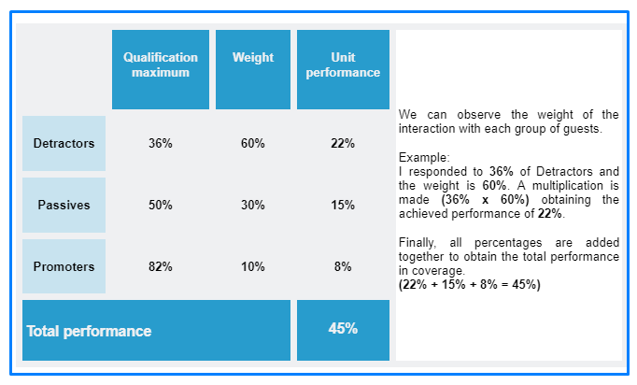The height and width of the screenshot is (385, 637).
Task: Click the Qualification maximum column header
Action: pos(161,69)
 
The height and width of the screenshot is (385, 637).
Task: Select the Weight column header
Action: pos(253,69)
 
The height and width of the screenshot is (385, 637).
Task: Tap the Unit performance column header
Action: pos(343,69)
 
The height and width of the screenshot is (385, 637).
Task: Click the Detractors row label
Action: pos(64,143)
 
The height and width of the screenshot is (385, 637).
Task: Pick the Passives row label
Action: pos(64,205)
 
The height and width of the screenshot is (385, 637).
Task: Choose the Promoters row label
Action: pos(64,266)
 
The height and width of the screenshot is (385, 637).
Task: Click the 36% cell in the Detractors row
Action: pos(161,143)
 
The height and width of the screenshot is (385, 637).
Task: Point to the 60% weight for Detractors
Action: pos(253,143)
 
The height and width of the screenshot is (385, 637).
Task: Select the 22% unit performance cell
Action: pos(343,143)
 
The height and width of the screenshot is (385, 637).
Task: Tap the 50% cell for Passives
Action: pos(161,205)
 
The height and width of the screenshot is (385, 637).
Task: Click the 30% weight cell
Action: pos(253,205)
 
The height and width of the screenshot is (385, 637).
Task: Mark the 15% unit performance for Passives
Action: pos(343,205)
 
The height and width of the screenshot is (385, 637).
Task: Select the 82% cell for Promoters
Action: pos(161,266)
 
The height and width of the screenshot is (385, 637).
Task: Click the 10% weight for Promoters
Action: pos(253,266)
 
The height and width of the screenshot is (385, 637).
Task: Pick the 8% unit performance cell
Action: pos(343,266)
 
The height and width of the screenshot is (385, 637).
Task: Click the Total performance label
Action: pos(89,332)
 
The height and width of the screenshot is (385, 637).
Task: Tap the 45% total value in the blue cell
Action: pos(343,329)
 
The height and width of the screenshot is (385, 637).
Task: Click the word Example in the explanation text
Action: pos(423,157)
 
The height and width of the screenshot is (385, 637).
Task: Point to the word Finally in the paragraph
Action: pos(418,243)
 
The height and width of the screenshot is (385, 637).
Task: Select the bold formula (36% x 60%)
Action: pos(485,200)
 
